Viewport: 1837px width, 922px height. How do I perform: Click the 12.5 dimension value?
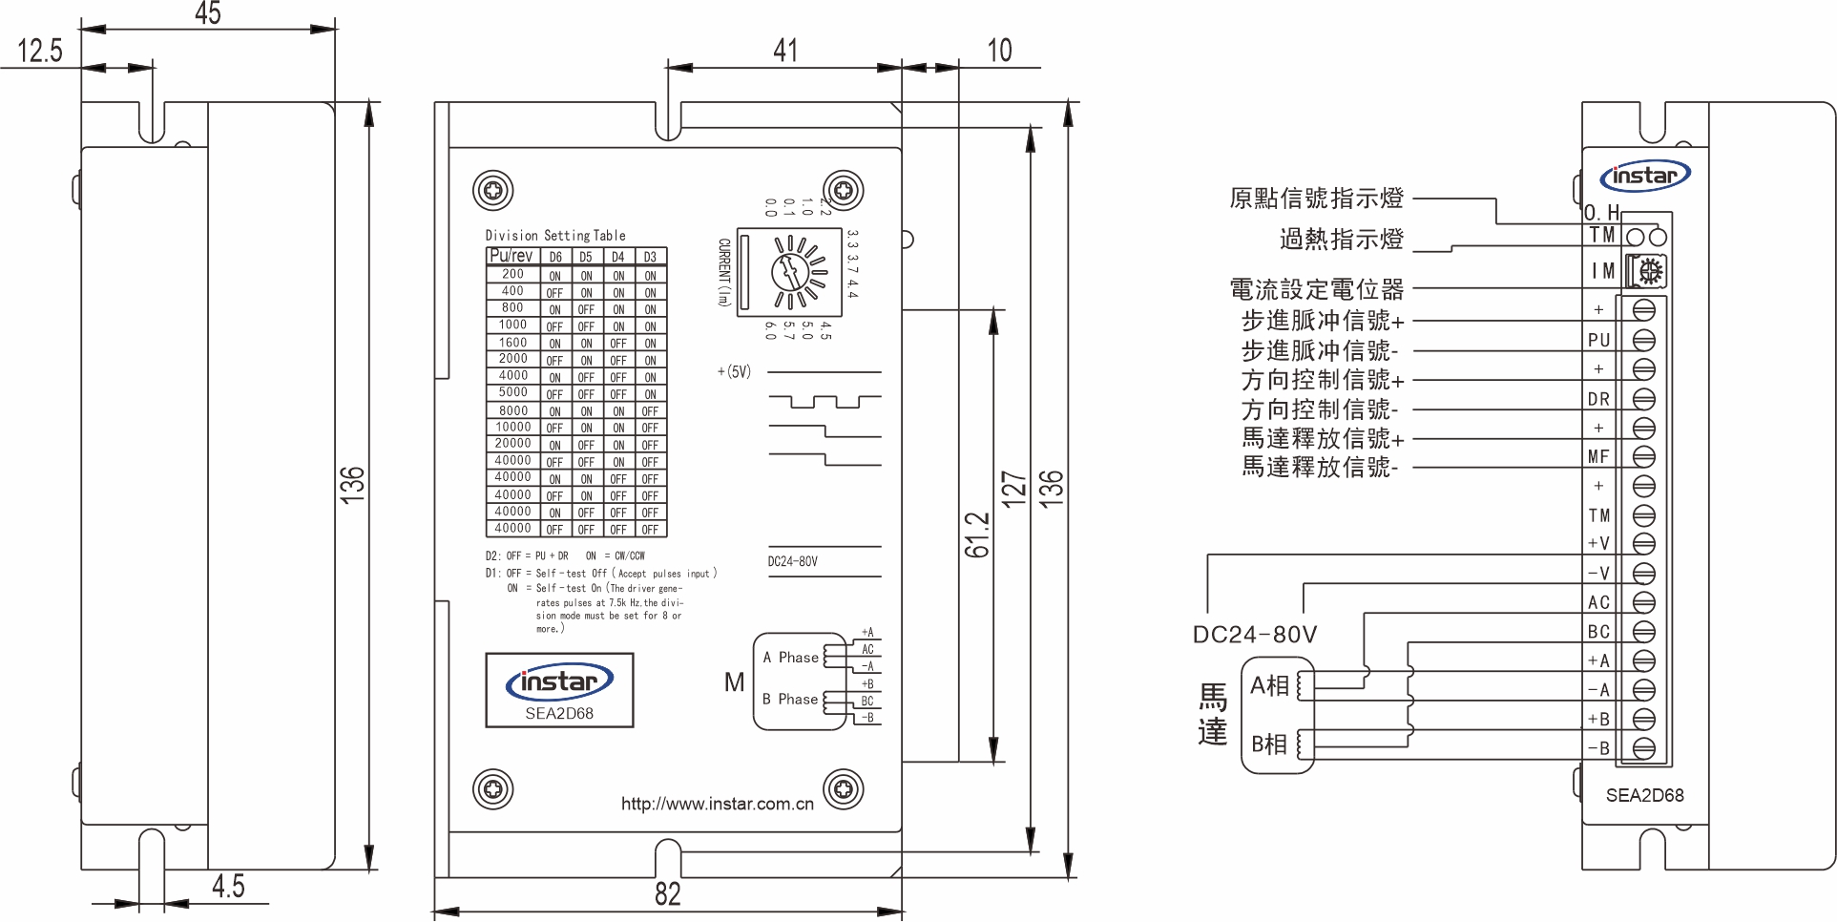[40, 51]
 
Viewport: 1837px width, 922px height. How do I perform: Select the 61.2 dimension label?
[976, 535]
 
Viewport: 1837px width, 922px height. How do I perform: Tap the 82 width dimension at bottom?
[668, 894]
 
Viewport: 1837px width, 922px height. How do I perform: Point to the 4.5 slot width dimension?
[228, 887]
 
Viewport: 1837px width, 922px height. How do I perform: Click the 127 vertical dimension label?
[1012, 488]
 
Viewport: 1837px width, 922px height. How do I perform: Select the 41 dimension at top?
[785, 51]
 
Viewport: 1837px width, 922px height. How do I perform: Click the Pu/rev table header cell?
[511, 256]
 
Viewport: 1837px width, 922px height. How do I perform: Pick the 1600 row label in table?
[512, 342]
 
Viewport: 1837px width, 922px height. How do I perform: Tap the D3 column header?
[650, 257]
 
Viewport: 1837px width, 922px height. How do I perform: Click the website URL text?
[717, 804]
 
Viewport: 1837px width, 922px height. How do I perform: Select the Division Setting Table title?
[555, 235]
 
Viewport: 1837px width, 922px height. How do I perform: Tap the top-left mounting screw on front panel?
[493, 191]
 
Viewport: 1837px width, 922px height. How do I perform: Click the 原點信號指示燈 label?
[1316, 199]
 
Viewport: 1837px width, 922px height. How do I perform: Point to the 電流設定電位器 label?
[1316, 289]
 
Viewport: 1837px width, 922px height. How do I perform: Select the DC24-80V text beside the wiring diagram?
[1254, 635]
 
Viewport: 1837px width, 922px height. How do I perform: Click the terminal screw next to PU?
[1643, 340]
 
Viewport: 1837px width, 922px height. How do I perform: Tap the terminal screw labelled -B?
[1643, 748]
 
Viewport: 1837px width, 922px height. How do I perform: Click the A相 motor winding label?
[1269, 685]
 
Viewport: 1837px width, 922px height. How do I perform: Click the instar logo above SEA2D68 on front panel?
[559, 681]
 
